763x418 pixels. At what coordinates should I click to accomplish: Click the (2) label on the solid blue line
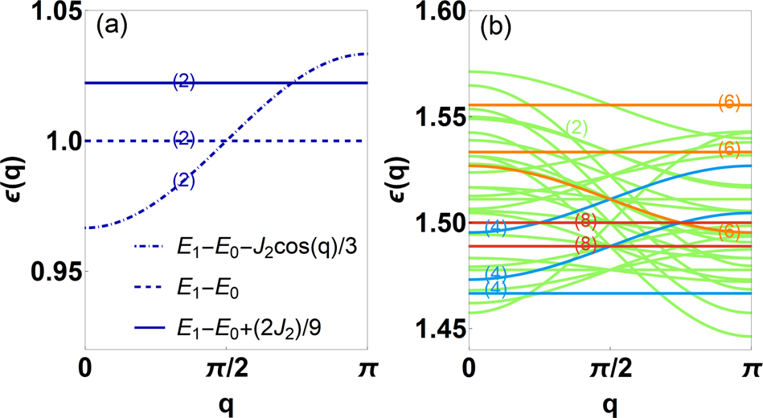184,82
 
